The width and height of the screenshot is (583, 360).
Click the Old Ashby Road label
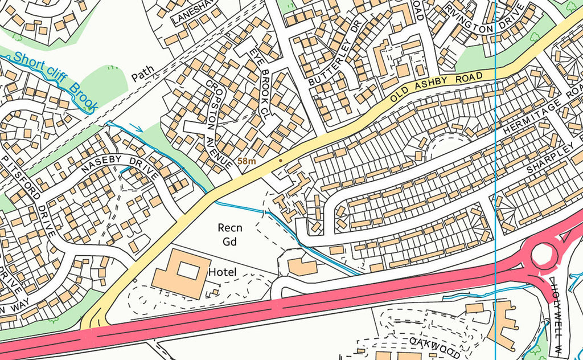(439, 87)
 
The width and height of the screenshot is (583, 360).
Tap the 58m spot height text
(247, 162)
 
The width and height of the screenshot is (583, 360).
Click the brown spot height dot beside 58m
(280, 161)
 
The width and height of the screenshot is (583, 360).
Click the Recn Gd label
(230, 234)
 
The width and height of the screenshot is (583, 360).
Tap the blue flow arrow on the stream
(136, 127)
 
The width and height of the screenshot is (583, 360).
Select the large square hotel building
(182, 272)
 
